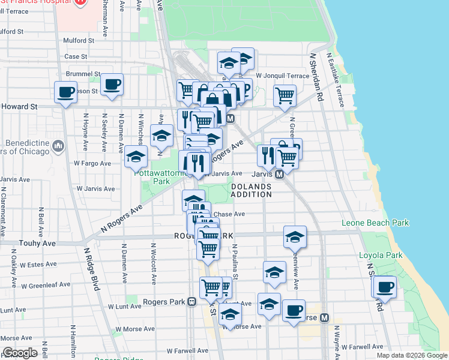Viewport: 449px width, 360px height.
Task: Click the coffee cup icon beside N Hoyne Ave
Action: click(65, 92)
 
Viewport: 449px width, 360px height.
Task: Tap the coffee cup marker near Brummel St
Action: click(112, 85)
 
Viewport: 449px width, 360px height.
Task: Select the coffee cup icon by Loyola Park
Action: click(385, 286)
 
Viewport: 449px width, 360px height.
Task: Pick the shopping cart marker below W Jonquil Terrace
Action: click(285, 95)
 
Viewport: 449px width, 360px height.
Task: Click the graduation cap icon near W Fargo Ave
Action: click(136, 157)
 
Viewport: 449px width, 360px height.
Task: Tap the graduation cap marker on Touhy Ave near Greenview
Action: click(295, 237)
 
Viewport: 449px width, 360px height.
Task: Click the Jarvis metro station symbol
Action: click(279, 175)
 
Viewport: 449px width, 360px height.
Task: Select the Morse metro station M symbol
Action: click(324, 317)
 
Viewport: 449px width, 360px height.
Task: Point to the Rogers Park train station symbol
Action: click(191, 301)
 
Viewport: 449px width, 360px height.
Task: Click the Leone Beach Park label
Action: click(375, 223)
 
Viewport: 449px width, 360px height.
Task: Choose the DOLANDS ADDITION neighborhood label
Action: click(252, 191)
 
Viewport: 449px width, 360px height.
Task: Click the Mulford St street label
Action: click(79, 41)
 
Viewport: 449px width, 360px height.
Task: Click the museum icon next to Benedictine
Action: click(58, 145)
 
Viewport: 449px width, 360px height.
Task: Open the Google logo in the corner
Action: click(20, 353)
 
